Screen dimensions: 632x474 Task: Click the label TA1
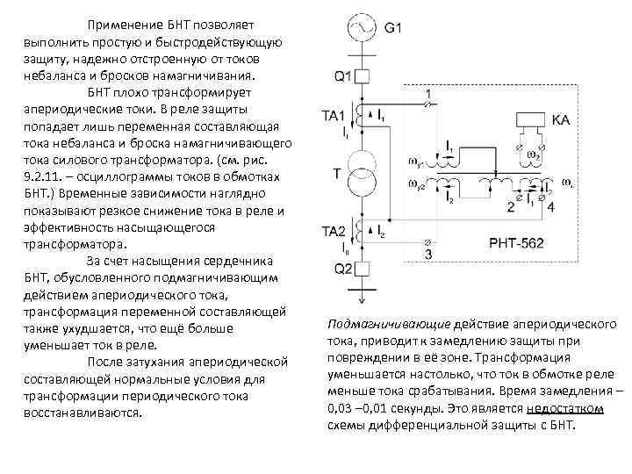[334, 116]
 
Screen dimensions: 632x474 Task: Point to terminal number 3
[427, 255]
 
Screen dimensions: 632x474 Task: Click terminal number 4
[550, 208]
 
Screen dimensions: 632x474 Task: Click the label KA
[562, 118]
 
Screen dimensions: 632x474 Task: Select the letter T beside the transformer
[336, 173]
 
